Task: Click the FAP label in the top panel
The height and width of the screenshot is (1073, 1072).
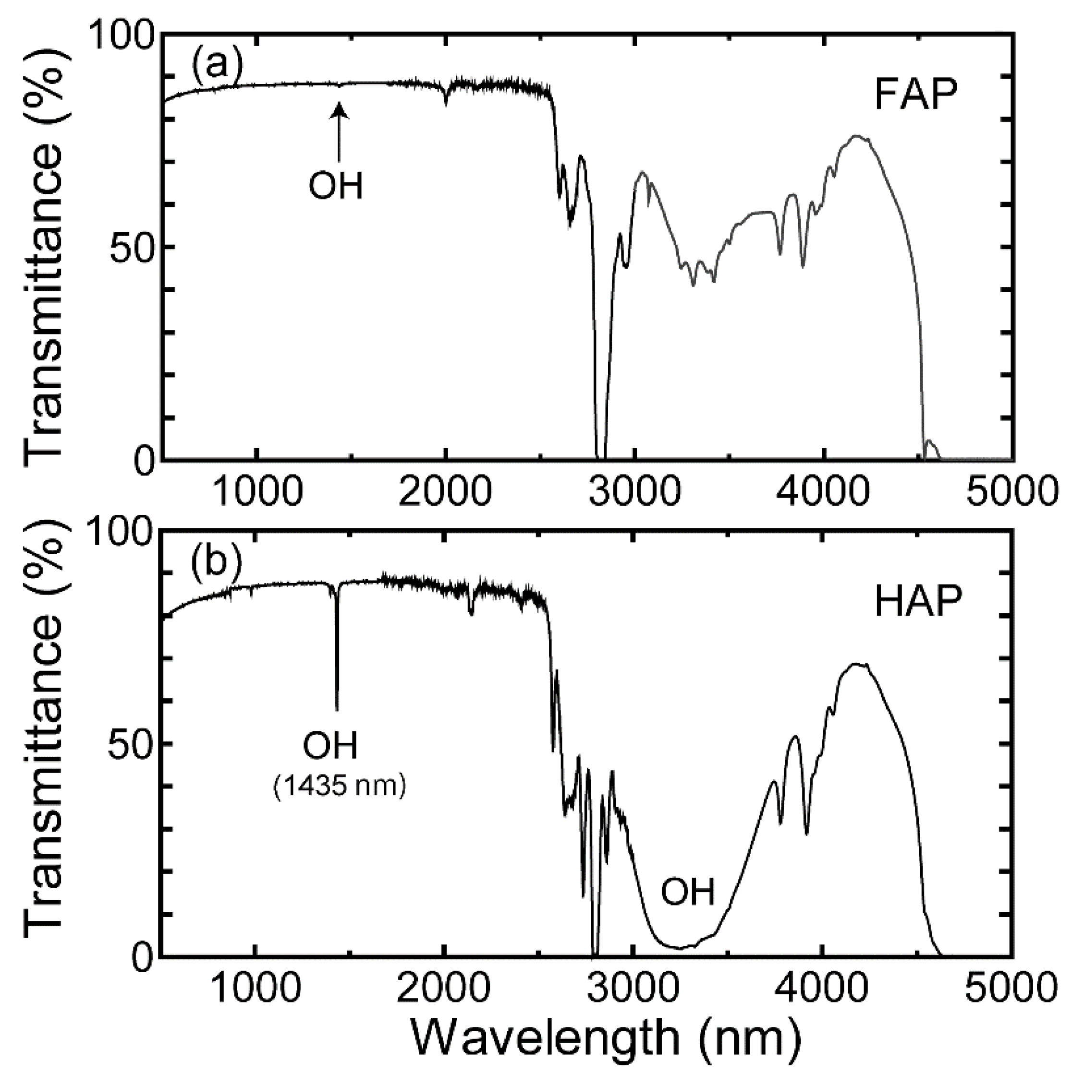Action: pos(916,95)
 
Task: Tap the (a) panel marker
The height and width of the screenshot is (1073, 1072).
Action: pos(217,63)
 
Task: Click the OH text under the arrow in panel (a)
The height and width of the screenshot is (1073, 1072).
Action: pos(336,186)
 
